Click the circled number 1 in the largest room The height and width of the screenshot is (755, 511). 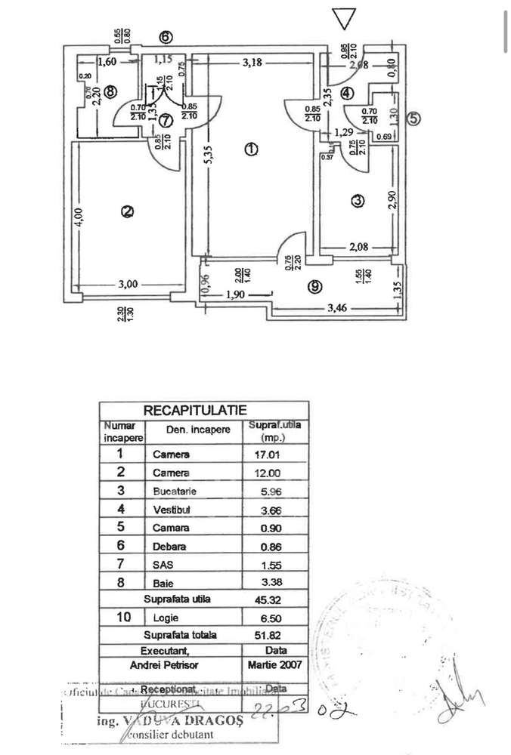pos(251,149)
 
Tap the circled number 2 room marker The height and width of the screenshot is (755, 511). pos(128,212)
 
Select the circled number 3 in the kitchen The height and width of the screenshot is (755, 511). pos(358,201)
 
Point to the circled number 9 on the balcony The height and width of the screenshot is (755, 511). pos(316,286)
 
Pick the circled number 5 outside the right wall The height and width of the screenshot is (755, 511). pos(413,117)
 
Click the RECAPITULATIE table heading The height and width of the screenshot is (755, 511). pos(195,410)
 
